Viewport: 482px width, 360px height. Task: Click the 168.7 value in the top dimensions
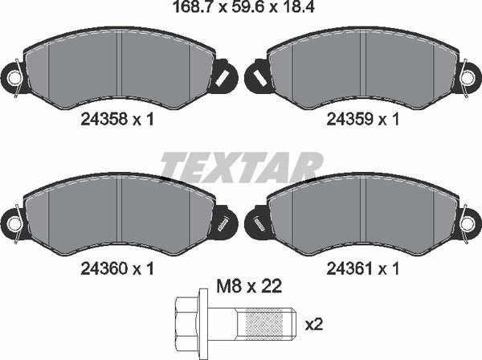click(x=194, y=9)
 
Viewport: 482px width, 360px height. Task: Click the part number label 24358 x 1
click(x=116, y=120)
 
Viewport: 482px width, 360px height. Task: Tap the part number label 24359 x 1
click(x=362, y=120)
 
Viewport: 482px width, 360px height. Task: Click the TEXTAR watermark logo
click(x=241, y=166)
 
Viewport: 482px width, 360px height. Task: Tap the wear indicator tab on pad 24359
click(x=259, y=77)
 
